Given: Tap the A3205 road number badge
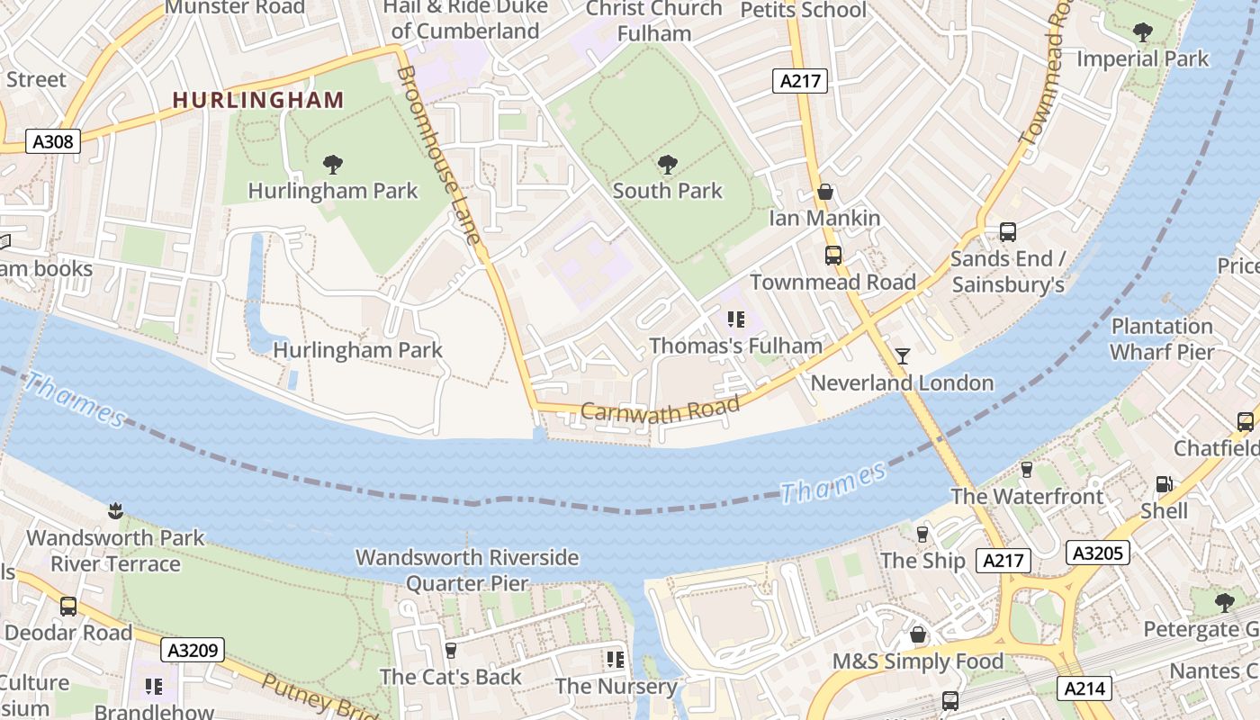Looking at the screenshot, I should (1097, 552).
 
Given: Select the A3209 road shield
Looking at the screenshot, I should (193, 649).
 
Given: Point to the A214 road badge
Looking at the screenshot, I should (1086, 688).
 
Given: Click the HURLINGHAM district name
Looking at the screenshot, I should (258, 100).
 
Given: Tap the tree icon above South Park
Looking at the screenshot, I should (667, 165).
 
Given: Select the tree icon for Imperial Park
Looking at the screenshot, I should (1142, 33).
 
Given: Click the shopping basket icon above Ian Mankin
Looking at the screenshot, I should (824, 193).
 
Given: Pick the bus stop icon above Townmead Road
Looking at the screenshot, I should (833, 256).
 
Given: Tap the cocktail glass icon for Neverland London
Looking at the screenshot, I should (903, 356).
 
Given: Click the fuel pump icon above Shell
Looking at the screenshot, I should (1164, 484).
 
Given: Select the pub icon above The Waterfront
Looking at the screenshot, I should (1026, 470).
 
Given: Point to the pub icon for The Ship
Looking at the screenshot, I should (922, 535).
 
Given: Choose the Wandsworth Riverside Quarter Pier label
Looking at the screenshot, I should (467, 570).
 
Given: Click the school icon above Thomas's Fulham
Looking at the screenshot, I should (736, 319).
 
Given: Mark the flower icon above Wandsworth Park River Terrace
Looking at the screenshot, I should (114, 511).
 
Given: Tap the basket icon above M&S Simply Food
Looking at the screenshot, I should (917, 635).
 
